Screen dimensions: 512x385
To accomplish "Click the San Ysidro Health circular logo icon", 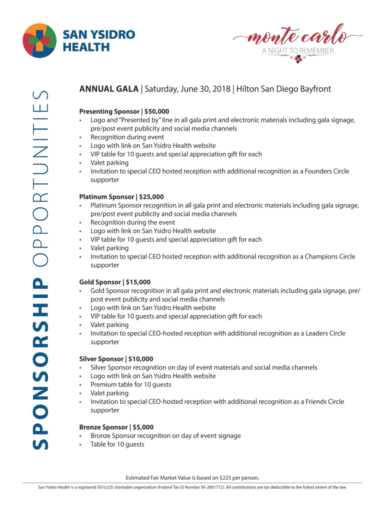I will click(40, 40).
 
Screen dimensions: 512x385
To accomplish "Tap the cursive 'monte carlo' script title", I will click(298, 36).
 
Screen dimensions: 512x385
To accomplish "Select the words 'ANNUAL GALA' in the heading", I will click(108, 89).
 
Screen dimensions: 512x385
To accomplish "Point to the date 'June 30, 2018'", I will click(207, 89).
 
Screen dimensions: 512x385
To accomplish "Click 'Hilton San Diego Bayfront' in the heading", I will click(283, 89).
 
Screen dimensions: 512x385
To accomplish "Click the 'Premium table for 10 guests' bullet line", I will click(130, 384).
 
